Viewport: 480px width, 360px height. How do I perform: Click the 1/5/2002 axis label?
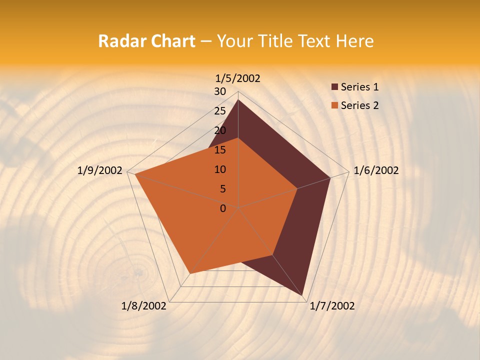click(238, 78)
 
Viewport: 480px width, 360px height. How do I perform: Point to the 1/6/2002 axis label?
click(376, 170)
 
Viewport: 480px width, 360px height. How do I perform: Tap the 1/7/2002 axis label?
click(332, 306)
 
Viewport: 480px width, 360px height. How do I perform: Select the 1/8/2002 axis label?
click(144, 306)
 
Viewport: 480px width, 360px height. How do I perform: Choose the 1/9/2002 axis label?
click(100, 170)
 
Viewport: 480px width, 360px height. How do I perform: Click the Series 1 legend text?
click(359, 87)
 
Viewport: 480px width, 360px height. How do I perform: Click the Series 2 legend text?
click(359, 105)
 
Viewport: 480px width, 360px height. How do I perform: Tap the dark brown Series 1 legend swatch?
click(334, 87)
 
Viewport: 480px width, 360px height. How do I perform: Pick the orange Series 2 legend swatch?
click(334, 105)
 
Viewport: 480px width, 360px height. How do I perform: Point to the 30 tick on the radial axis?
click(220, 91)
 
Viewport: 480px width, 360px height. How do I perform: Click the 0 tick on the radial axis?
click(223, 208)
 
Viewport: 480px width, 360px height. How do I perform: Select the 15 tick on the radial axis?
click(220, 150)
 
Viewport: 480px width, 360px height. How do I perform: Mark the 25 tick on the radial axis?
click(220, 111)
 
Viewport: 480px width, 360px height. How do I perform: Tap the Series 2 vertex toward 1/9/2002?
click(135, 174)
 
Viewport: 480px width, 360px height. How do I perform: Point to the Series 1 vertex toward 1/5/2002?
click(238, 99)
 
